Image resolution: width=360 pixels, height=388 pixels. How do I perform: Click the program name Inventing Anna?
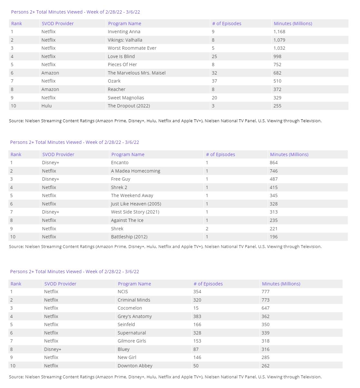[x=124, y=32]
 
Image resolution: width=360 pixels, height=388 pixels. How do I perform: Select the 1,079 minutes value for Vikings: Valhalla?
[x=279, y=40]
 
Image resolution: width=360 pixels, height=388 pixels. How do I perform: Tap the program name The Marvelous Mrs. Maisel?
[x=136, y=73]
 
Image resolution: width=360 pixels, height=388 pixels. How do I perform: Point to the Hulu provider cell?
[x=46, y=106]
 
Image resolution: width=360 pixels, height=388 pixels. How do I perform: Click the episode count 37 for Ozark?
[x=214, y=81]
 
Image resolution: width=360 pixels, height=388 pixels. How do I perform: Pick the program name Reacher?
[x=116, y=89]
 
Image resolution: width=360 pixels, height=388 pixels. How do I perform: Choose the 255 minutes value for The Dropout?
[x=277, y=106]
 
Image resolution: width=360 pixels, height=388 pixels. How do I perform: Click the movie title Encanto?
[x=120, y=163]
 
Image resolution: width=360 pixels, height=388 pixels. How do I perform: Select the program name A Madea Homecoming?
[x=135, y=171]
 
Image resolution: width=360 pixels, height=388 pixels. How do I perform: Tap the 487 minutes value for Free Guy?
[x=274, y=179]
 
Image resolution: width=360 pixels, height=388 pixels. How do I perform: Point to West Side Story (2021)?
[x=135, y=212]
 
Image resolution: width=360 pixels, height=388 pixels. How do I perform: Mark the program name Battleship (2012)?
[x=129, y=237]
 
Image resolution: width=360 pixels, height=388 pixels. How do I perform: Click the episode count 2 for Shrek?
[x=207, y=229]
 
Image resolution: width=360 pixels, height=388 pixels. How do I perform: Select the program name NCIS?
[x=123, y=292]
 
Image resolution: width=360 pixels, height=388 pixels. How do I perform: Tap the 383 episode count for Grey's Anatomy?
[x=197, y=316]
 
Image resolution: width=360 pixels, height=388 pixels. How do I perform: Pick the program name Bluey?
[x=124, y=349]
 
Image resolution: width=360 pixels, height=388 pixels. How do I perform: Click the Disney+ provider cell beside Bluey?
[x=53, y=349]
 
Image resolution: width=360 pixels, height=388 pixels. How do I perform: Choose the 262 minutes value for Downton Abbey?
[x=265, y=366]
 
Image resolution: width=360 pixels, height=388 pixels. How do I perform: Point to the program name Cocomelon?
[x=130, y=308]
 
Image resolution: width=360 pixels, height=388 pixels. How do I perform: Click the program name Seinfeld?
[x=126, y=324]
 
